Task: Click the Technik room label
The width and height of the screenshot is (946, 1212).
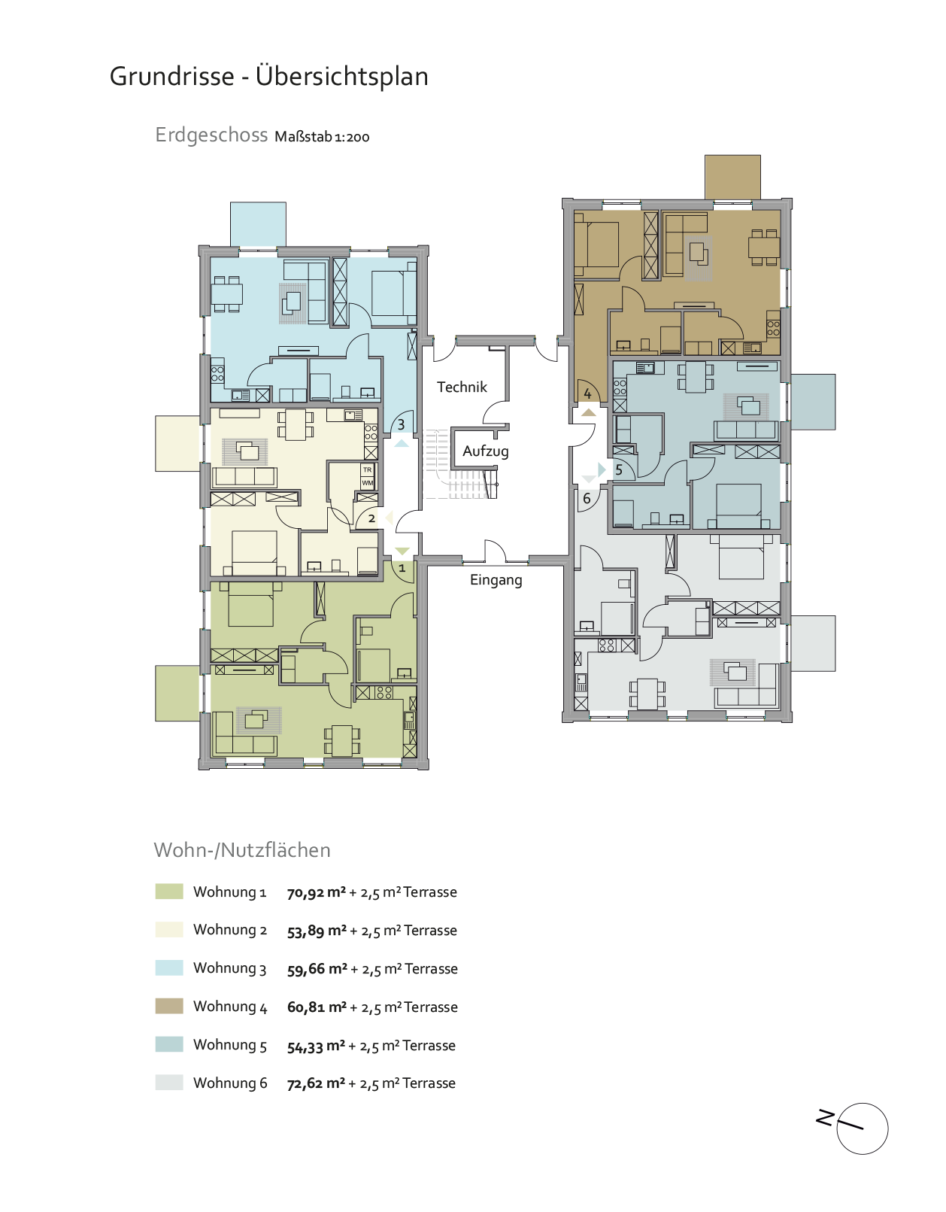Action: [462, 387]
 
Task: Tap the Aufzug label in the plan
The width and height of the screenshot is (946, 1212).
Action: [486, 451]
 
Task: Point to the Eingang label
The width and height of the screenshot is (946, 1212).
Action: [496, 580]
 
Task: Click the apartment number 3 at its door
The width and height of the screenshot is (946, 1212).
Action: [401, 425]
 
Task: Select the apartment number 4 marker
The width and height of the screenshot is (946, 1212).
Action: [587, 393]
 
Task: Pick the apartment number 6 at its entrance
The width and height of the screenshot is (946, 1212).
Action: [587, 498]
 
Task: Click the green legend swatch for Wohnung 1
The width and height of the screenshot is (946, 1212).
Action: [169, 892]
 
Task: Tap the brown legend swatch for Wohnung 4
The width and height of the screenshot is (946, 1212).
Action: [169, 1006]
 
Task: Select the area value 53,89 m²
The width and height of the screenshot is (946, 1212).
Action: [317, 931]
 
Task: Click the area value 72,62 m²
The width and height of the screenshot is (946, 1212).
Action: [316, 1083]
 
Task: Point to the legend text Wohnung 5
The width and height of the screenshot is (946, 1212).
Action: [230, 1045]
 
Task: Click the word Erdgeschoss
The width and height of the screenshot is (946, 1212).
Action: [211, 135]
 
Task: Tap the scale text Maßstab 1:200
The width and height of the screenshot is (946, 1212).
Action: [322, 137]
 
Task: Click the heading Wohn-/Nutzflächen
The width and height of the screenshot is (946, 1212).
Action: [242, 850]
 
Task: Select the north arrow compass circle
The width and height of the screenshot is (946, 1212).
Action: [863, 1129]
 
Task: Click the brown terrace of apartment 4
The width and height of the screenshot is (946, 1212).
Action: [732, 177]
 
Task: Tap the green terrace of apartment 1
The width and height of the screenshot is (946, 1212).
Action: [177, 694]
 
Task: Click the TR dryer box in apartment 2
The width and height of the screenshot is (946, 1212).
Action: [368, 469]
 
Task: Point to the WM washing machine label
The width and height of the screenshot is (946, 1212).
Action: [368, 483]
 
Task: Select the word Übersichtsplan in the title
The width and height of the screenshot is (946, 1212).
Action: [341, 77]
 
